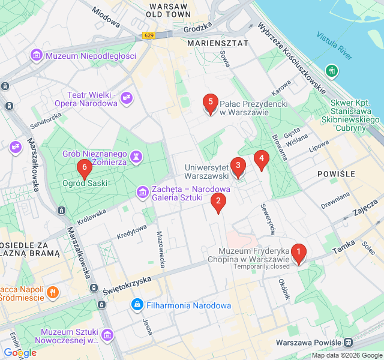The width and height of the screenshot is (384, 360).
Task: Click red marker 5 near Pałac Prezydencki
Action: pyautogui.click(x=209, y=103)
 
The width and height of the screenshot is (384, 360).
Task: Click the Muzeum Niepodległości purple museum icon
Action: pyautogui.click(x=37, y=56)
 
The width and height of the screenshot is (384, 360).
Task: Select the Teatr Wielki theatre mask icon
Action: pyautogui.click(x=126, y=98)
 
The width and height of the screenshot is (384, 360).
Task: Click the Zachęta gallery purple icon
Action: pyautogui.click(x=143, y=192)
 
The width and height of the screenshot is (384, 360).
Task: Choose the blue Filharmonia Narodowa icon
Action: pyautogui.click(x=138, y=305)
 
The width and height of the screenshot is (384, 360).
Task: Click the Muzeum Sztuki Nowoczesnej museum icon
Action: pyautogui.click(x=107, y=334)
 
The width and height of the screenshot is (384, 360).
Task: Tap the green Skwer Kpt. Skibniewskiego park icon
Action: pyautogui.click(x=331, y=71)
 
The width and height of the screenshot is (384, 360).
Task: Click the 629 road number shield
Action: pyautogui.click(x=149, y=36)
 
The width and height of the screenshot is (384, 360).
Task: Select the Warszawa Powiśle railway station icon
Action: pyautogui.click(x=348, y=343)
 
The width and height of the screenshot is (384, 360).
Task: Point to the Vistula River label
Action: pyautogui.click(x=335, y=46)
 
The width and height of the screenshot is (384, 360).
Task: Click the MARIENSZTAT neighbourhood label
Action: pyautogui.click(x=218, y=43)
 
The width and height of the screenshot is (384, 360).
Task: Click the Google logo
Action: pyautogui.click(x=19, y=353)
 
